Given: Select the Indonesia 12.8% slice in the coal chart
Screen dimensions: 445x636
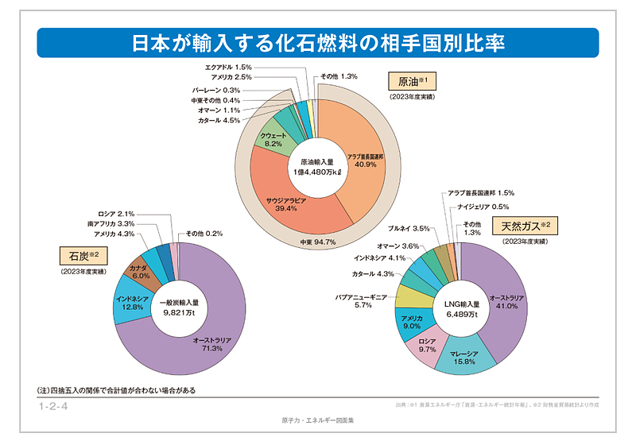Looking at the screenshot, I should (129, 303).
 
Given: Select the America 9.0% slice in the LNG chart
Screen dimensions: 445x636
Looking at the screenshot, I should (413, 322).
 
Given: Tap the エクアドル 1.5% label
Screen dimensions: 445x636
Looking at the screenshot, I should (228, 68).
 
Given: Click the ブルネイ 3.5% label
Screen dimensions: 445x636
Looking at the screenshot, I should (409, 228).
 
